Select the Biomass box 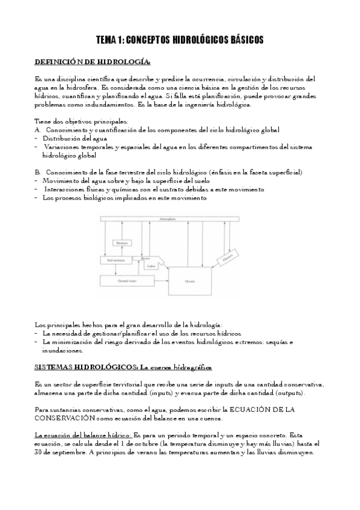tap(122, 243)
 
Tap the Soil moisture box tap(117, 260)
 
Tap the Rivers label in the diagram tap(147, 259)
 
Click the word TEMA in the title tap(108, 40)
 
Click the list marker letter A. tap(37, 130)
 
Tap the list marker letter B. tap(37, 173)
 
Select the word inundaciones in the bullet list tap(62, 350)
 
